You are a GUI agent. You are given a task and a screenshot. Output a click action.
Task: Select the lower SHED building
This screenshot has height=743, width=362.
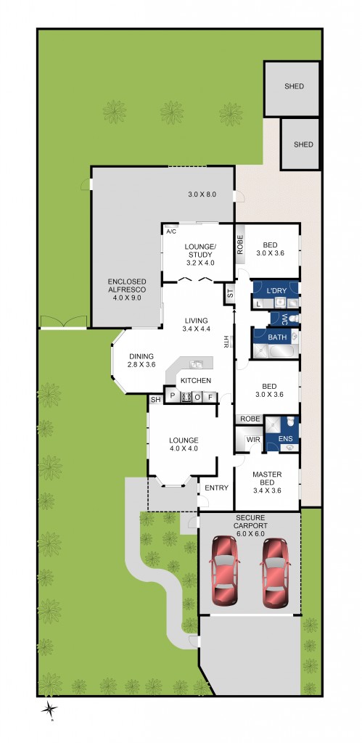[300, 144]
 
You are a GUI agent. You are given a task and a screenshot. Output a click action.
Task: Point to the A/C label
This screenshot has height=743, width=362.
[171, 231]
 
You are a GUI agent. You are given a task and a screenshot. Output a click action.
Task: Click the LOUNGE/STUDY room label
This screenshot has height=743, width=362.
[200, 253]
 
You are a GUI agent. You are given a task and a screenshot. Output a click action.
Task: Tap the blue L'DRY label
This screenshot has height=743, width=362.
[277, 291]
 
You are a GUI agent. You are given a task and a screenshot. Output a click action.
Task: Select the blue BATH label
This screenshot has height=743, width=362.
[277, 337]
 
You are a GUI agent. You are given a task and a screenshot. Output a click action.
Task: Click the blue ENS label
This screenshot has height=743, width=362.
[285, 439]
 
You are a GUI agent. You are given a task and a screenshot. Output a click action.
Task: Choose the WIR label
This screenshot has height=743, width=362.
[253, 440]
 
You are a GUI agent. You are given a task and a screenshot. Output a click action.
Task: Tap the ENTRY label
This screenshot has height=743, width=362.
[216, 488]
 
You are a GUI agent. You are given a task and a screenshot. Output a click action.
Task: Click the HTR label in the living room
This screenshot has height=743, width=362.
[226, 341]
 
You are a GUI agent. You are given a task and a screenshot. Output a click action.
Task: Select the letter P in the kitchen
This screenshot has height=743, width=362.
[172, 396]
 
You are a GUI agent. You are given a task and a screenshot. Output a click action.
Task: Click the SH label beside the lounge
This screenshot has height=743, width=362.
[155, 400]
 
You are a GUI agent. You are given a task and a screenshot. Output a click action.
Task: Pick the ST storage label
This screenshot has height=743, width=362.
[230, 295]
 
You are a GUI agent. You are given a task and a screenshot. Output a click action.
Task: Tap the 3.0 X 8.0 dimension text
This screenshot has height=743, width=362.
[203, 194]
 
